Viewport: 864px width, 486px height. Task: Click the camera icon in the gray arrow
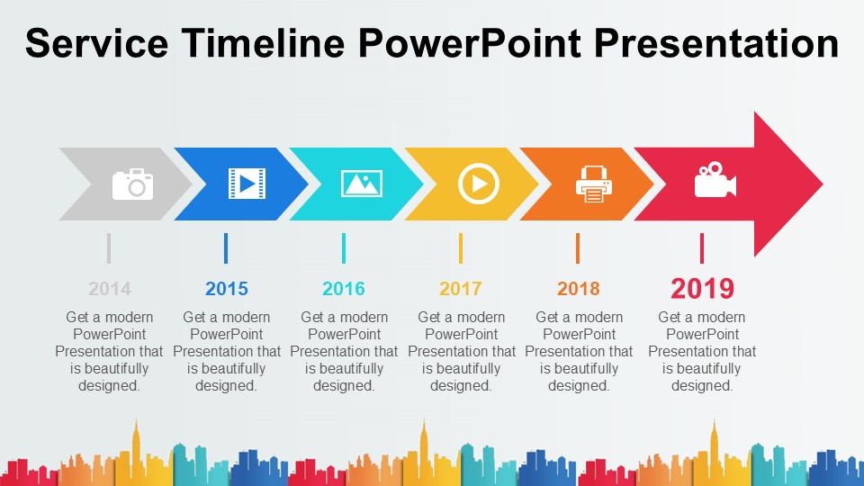(x=133, y=184)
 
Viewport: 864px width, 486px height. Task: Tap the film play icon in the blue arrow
(x=247, y=184)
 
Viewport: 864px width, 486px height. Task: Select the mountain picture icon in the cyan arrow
(x=362, y=184)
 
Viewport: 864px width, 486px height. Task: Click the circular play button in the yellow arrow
(x=478, y=184)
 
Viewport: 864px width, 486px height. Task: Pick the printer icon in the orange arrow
(x=593, y=184)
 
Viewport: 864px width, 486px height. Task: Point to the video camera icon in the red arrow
(x=715, y=180)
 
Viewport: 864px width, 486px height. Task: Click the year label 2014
(x=110, y=289)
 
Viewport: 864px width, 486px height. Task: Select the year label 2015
(x=227, y=289)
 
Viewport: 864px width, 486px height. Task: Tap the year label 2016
(x=344, y=289)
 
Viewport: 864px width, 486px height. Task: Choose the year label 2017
(x=461, y=289)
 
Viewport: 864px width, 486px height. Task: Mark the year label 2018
(x=578, y=289)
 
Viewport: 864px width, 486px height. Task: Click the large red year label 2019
(x=703, y=288)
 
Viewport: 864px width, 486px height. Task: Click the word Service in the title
(x=97, y=43)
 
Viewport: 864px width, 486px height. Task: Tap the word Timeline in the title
(x=264, y=43)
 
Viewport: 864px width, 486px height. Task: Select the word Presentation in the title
(x=716, y=43)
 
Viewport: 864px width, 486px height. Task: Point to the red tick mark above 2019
(x=701, y=248)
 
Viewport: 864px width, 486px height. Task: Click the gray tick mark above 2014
(x=109, y=248)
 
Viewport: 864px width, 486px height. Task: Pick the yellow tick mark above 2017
(x=461, y=248)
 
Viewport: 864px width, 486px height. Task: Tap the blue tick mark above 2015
(x=226, y=248)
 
